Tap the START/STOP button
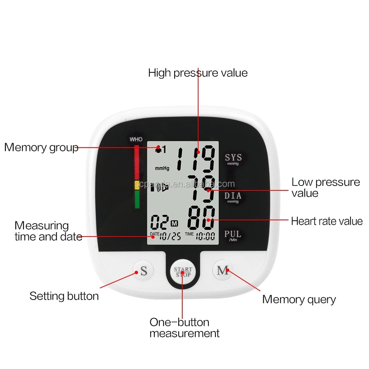(x=183, y=272)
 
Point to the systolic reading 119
(x=195, y=158)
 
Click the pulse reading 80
(x=201, y=218)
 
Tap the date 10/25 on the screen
(x=170, y=236)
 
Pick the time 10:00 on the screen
(x=205, y=236)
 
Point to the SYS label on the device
(x=233, y=158)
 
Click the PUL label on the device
(x=233, y=234)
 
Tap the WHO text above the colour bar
(x=136, y=139)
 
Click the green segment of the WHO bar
(x=137, y=199)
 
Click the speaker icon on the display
(x=162, y=187)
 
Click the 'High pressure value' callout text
(x=198, y=73)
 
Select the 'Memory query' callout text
(x=299, y=299)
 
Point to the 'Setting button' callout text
(x=64, y=296)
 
